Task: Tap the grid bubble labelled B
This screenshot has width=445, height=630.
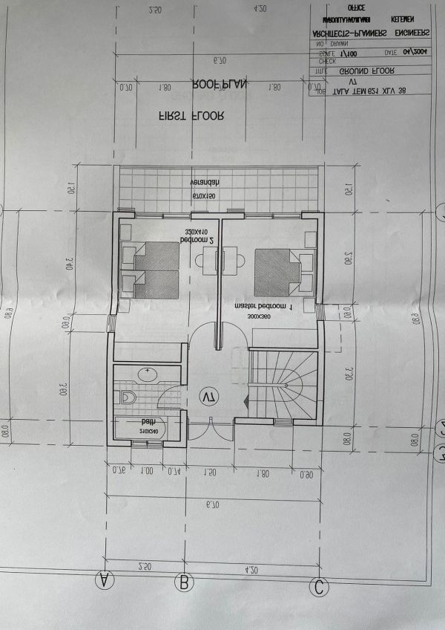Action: click(183, 583)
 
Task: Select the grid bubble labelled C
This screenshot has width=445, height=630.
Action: click(320, 587)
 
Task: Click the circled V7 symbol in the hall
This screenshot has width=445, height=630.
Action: click(208, 398)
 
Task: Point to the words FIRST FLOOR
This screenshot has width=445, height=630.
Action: click(192, 116)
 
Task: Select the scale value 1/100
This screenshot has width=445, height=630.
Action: click(349, 54)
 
